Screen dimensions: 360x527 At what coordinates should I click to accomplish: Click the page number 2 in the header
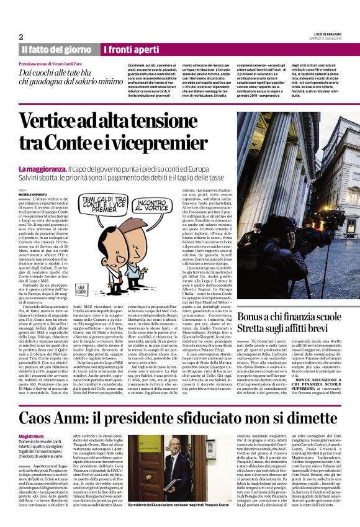pyautogui.click(x=20, y=37)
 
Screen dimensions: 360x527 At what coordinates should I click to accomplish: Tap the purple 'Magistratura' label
pyautogui.click(x=32, y=437)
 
